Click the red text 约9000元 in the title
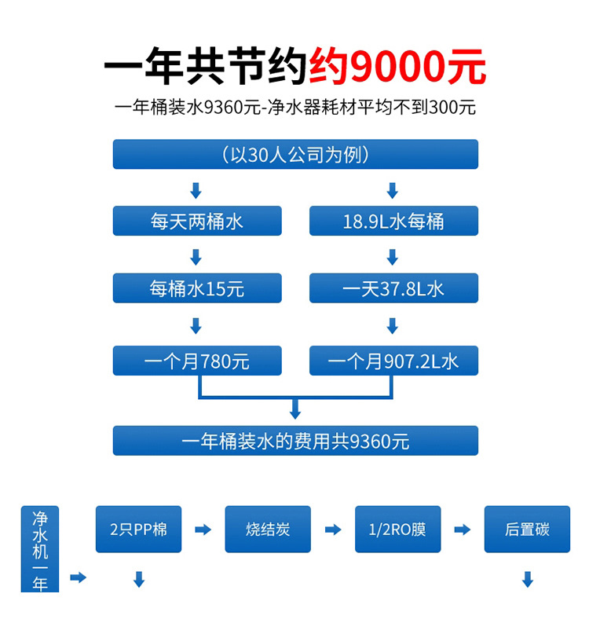(x=397, y=68)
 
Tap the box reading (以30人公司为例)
(x=295, y=154)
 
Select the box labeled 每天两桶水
(x=196, y=221)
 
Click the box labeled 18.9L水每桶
(x=393, y=221)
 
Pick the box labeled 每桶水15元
(x=196, y=288)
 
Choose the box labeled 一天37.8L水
(x=393, y=288)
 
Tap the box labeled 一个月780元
(x=196, y=361)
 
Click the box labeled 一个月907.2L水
(x=393, y=361)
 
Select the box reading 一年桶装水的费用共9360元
(x=295, y=441)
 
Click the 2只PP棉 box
(x=138, y=529)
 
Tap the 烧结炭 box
(x=268, y=529)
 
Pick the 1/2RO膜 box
(x=397, y=529)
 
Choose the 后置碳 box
(x=527, y=529)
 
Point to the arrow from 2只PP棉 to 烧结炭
(x=203, y=530)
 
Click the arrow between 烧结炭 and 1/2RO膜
(x=333, y=530)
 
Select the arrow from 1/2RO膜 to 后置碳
(x=463, y=530)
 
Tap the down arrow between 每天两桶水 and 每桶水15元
(x=196, y=256)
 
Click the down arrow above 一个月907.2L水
(x=393, y=325)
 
